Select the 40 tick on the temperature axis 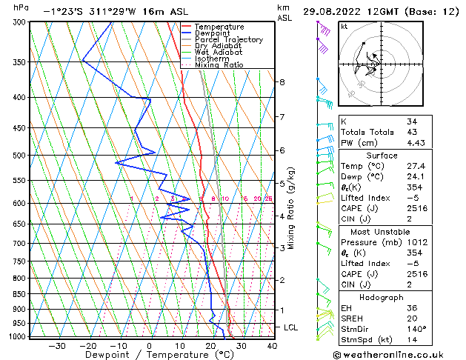pyautogui.click(x=271, y=345)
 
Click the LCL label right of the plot pyautogui.click(x=292, y=327)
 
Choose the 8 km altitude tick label pyautogui.click(x=282, y=81)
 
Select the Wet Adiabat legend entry pyautogui.click(x=218, y=52)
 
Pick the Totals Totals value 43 pyautogui.click(x=413, y=132)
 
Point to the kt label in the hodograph pyautogui.click(x=344, y=26)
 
